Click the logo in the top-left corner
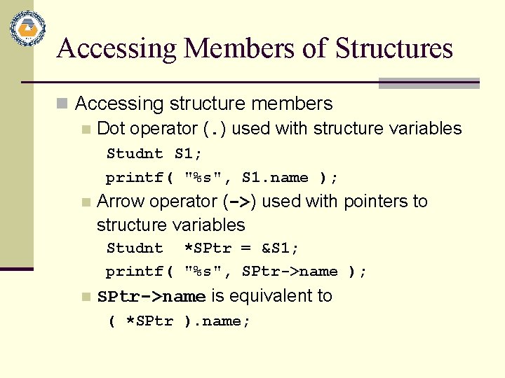[28, 29]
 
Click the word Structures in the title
[394, 48]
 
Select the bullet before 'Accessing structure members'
[63, 104]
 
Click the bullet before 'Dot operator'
[86, 129]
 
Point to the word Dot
[111, 129]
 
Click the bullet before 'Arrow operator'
[86, 202]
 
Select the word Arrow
[119, 202]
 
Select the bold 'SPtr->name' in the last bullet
[151, 297]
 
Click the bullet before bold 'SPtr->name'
[86, 297]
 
